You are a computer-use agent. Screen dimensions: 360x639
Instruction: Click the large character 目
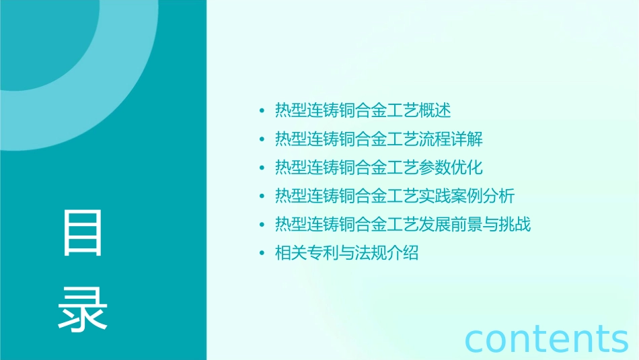click(x=83, y=233)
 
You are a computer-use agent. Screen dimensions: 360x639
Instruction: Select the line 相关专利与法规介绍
click(x=346, y=253)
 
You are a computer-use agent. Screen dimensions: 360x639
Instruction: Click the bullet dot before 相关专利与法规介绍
click(x=262, y=254)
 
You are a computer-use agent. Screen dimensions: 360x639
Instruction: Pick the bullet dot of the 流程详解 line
click(x=262, y=140)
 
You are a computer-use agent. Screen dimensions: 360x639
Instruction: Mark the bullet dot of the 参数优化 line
click(x=262, y=168)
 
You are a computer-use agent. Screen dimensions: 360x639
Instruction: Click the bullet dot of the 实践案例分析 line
click(x=262, y=196)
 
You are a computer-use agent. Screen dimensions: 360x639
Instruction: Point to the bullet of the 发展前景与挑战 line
click(x=262, y=225)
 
